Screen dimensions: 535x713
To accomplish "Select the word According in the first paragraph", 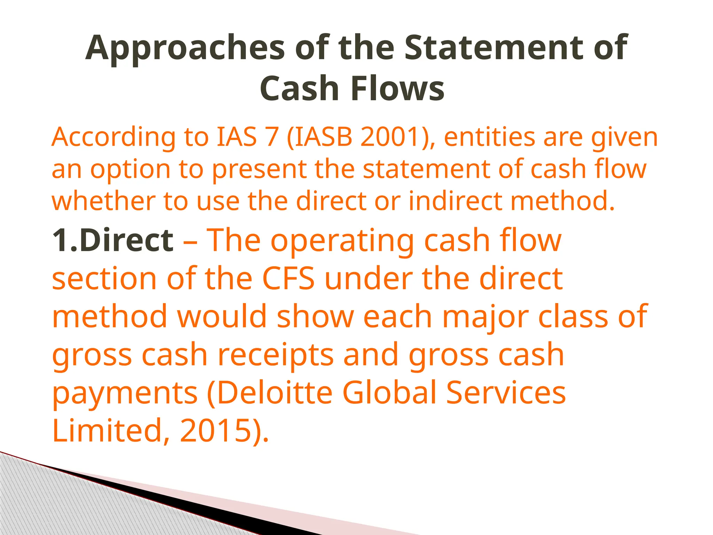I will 113,138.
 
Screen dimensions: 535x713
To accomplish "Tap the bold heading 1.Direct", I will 112,240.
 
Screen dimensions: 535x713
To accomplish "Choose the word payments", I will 125,394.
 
